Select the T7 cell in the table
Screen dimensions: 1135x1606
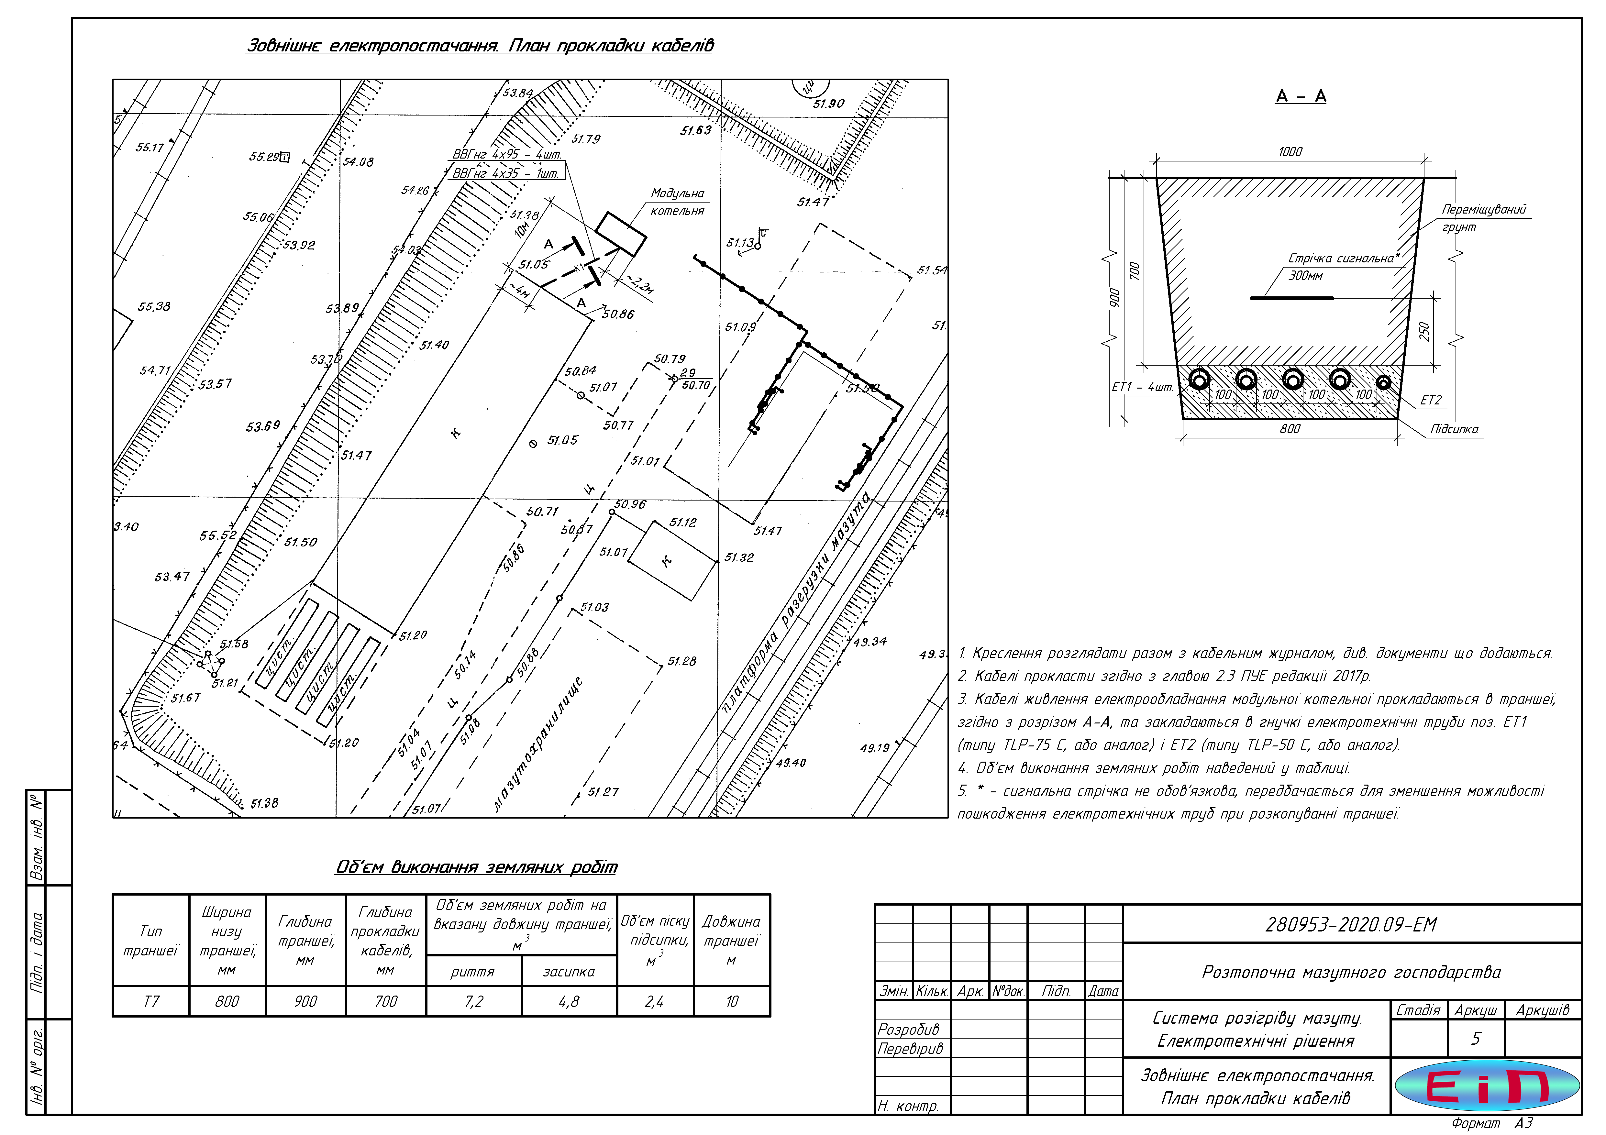[x=151, y=1001]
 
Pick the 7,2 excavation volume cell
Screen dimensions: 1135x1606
[x=473, y=1001]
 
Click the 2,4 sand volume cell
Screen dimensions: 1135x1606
[x=655, y=1001]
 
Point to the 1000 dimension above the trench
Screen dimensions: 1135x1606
[x=1290, y=152]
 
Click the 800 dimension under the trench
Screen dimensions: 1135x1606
[x=1290, y=429]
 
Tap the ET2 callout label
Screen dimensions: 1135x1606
[x=1430, y=400]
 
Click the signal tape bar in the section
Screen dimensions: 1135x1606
[x=1291, y=298]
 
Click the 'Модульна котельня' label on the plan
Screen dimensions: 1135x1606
[x=677, y=201]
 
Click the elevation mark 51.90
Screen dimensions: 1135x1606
[x=828, y=104]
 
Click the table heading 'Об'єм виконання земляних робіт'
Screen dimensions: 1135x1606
[x=476, y=867]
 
